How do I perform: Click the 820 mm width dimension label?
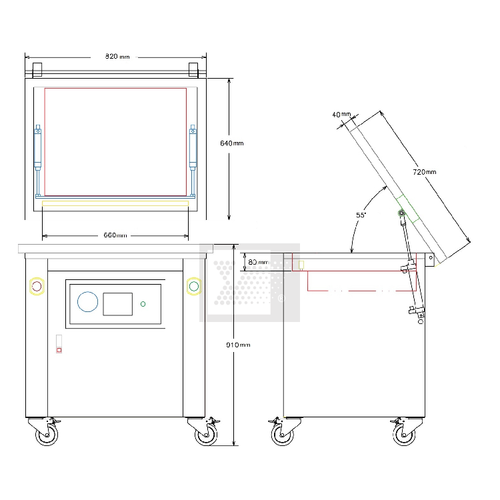[117, 57]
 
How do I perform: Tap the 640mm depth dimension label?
[232, 143]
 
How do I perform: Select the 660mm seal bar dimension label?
[115, 235]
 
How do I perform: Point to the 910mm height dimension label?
[238, 345]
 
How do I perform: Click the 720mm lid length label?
[425, 172]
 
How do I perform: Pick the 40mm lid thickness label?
[341, 114]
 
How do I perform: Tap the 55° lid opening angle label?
[361, 215]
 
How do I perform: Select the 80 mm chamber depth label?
[258, 262]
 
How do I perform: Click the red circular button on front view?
[37, 287]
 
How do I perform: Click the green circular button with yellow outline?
[194, 287]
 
